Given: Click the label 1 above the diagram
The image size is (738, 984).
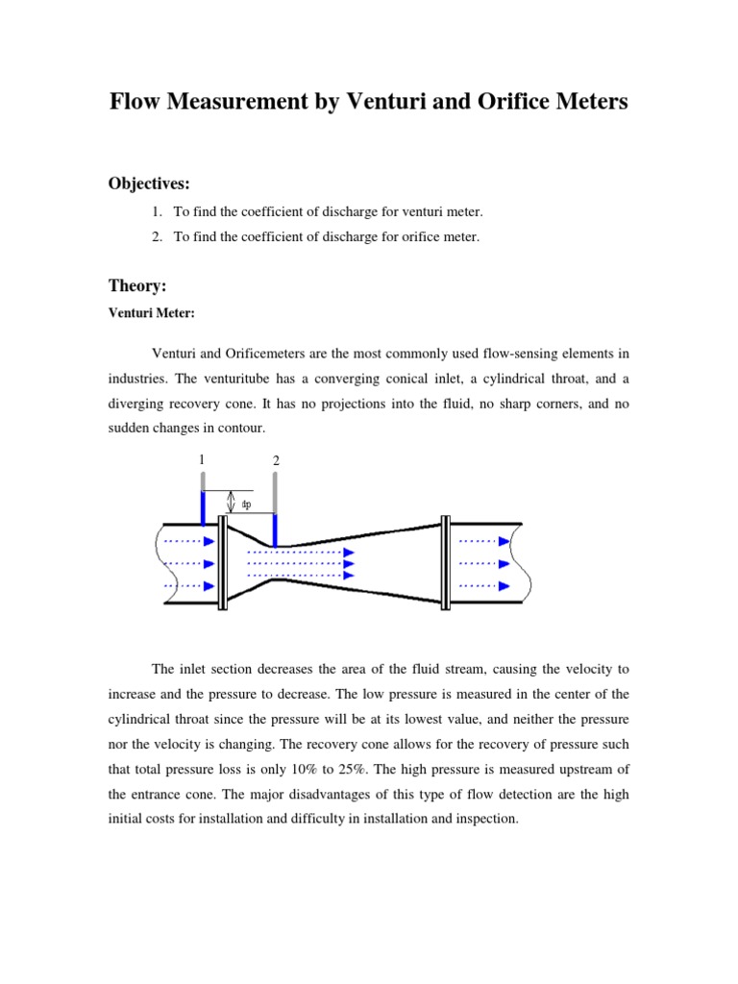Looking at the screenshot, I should coord(202,459).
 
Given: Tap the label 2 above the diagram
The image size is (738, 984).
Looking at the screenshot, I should coord(276,462).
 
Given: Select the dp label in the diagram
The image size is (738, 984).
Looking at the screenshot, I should coord(246,504).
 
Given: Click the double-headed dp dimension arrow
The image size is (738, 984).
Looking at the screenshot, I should coord(230,502).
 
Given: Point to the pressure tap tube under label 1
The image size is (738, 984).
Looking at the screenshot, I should coord(202,506).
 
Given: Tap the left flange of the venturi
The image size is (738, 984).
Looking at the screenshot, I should coord(223,562).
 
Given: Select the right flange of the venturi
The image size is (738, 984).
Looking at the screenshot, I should coord(445,562).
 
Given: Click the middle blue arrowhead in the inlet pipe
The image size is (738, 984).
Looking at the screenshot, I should coord(209,563).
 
